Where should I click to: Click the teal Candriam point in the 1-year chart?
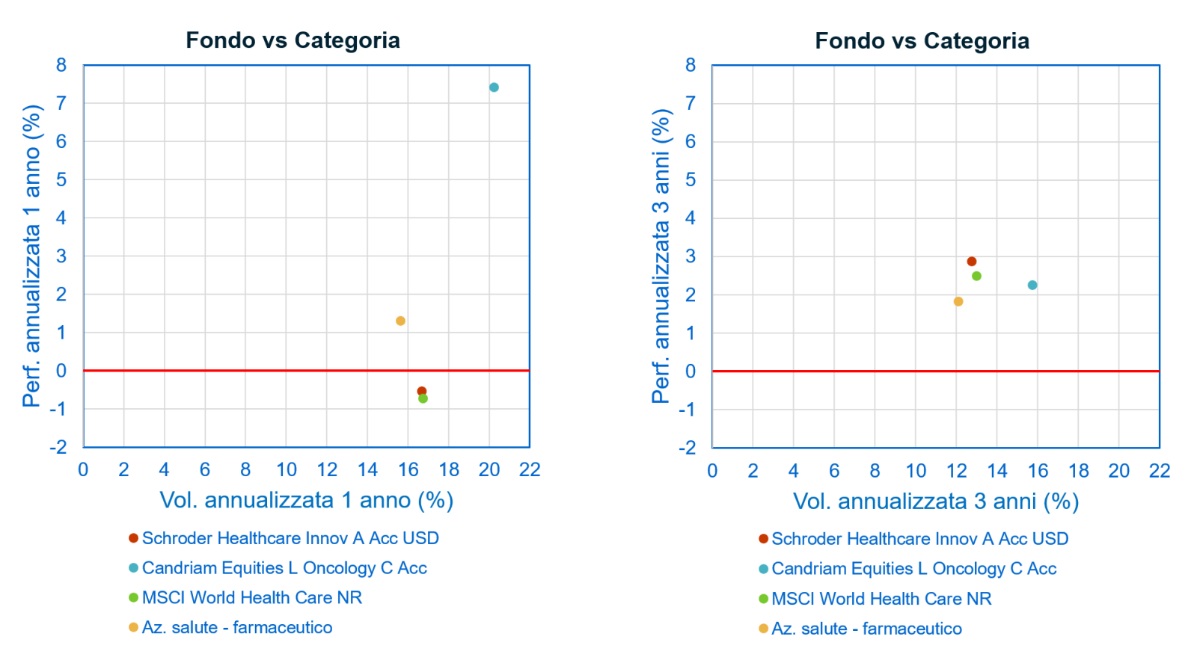(x=494, y=87)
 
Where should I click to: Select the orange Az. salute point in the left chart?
(x=400, y=321)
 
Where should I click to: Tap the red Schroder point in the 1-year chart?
(x=421, y=391)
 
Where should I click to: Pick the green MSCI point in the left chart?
(x=423, y=399)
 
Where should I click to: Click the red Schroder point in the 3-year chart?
(x=972, y=262)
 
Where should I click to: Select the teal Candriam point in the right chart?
(x=1032, y=285)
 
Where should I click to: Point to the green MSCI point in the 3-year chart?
(x=976, y=276)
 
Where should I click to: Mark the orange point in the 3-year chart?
(x=958, y=301)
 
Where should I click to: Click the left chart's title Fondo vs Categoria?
(x=293, y=40)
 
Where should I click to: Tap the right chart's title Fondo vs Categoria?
(x=922, y=41)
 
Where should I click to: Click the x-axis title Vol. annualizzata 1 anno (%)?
(x=307, y=500)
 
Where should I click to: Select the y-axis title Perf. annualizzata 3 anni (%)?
(x=661, y=256)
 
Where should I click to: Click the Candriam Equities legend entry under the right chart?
(x=913, y=569)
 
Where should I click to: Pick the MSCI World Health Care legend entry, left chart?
(x=251, y=598)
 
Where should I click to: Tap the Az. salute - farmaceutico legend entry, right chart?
(x=866, y=629)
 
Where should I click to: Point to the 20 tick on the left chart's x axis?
(x=489, y=469)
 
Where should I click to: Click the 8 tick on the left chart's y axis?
(x=61, y=66)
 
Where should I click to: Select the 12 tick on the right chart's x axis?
(x=956, y=470)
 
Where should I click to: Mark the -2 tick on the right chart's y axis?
(x=687, y=448)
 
